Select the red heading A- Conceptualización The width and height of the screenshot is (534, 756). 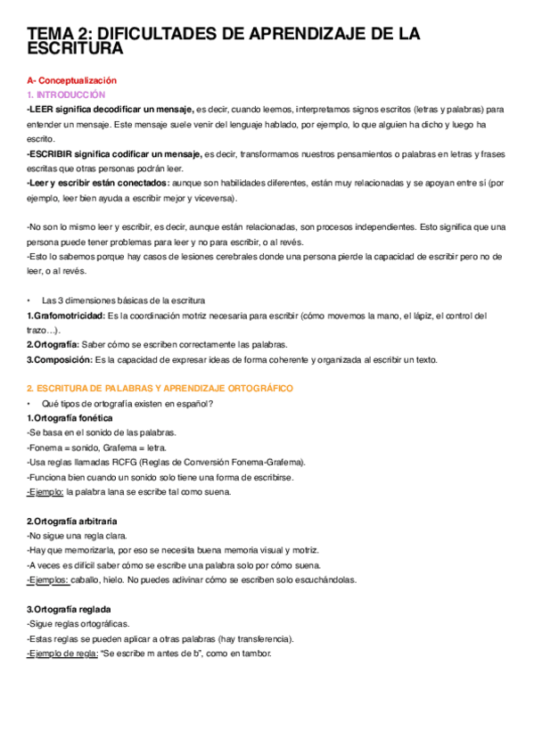click(71, 80)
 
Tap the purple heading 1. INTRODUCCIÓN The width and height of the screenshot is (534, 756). click(66, 94)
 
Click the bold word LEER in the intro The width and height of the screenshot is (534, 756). click(42, 109)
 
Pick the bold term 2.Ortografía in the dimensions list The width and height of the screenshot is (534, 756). click(53, 344)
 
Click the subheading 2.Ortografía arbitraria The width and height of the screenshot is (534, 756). click(72, 521)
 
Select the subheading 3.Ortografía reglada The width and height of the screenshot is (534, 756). click(68, 609)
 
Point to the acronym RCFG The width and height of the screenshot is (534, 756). click(124, 462)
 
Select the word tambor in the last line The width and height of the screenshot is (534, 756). click(257, 653)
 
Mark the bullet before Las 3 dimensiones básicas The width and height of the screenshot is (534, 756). click(29, 300)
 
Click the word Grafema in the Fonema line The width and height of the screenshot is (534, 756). click(133, 447)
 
